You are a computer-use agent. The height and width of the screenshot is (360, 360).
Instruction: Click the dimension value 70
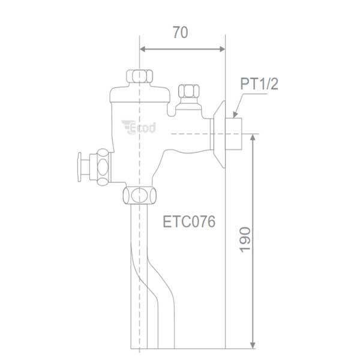pyautogui.click(x=180, y=33)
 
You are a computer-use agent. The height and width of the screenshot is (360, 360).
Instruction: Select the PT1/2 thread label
pyautogui.click(x=259, y=84)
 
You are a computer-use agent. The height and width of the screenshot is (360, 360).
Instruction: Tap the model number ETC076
pyautogui.click(x=189, y=221)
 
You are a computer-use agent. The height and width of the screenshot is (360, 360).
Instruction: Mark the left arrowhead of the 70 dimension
pyautogui.click(x=143, y=50)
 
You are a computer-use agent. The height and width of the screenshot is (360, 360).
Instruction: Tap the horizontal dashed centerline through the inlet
pyautogui.click(x=192, y=133)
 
